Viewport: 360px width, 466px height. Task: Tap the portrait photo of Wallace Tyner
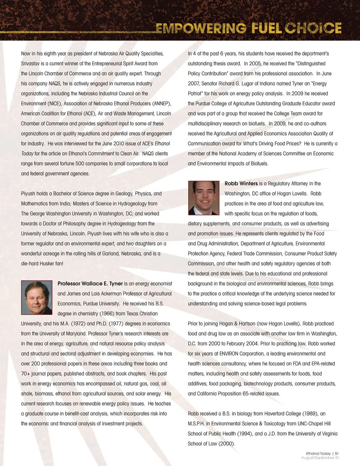click(37, 297)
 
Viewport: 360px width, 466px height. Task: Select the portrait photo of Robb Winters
click(204, 197)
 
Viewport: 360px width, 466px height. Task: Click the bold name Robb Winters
click(241, 183)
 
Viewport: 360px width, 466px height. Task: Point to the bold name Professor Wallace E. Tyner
click(90, 284)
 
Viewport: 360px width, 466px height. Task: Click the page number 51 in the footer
click(337, 453)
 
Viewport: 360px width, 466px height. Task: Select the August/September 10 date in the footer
click(320, 458)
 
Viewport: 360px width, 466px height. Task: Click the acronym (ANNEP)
click(161, 104)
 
